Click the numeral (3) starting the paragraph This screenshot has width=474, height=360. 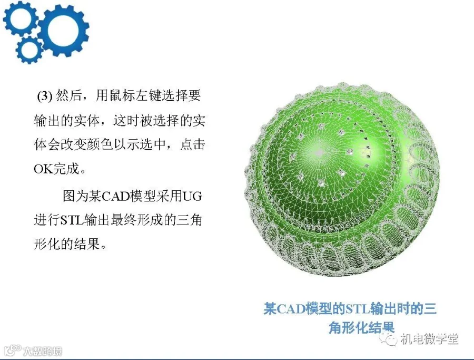point(45,96)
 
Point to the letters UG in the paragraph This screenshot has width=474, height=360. point(192,196)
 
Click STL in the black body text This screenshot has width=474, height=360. point(72,220)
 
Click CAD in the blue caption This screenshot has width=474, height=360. point(291,309)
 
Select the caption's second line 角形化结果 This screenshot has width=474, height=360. point(361,327)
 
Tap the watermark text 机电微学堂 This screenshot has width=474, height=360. point(430,339)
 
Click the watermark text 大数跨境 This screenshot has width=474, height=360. point(43,351)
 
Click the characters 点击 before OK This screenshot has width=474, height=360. point(193,144)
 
